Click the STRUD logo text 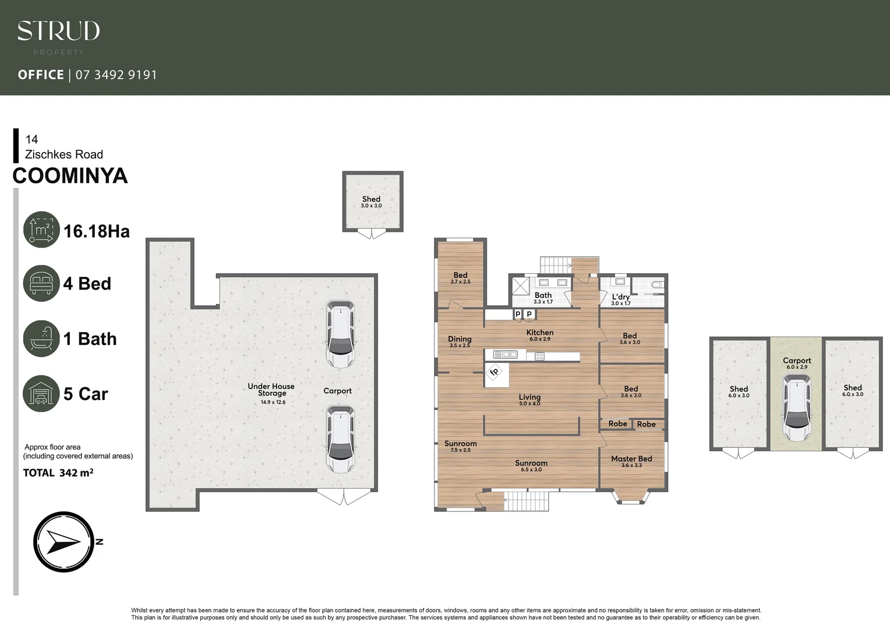pyautogui.click(x=58, y=31)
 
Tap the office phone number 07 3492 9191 pyautogui.click(x=116, y=75)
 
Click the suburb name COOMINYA pyautogui.click(x=70, y=176)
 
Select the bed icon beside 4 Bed pyautogui.click(x=41, y=284)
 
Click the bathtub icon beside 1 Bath pyautogui.click(x=41, y=338)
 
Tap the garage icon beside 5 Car pyautogui.click(x=41, y=394)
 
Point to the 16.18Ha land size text pyautogui.click(x=96, y=231)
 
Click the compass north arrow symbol pyautogui.click(x=63, y=542)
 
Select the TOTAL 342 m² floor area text pyautogui.click(x=58, y=473)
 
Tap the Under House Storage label pyautogui.click(x=271, y=390)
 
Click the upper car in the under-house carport pyautogui.click(x=340, y=334)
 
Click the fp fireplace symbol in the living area pyautogui.click(x=495, y=372)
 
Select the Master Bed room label pyautogui.click(x=631, y=459)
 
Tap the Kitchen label pyautogui.click(x=540, y=333)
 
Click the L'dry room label pyautogui.click(x=620, y=297)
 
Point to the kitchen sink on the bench pyautogui.click(x=505, y=354)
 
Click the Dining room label pyautogui.click(x=460, y=339)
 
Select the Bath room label pyautogui.click(x=543, y=295)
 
